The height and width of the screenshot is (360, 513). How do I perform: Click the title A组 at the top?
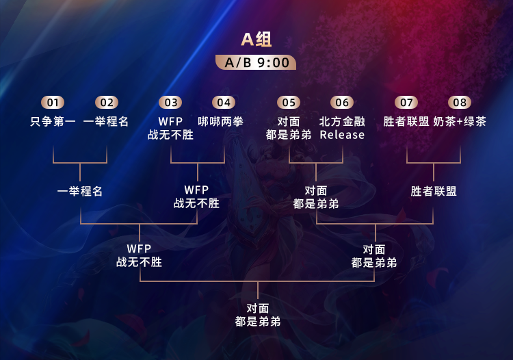256,39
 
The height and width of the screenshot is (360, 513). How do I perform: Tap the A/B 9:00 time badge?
256,62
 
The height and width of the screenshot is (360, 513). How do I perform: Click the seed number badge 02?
106,103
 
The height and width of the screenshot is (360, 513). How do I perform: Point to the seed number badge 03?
170,103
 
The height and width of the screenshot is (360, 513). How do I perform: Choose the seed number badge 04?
223,103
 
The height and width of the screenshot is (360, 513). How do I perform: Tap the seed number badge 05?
289,103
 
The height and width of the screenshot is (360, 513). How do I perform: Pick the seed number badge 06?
342,103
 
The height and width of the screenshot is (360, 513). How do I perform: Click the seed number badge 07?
407,103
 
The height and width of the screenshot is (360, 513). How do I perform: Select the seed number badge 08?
460,103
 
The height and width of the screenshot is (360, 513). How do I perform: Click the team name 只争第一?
53,122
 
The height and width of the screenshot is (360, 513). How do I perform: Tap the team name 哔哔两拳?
221,122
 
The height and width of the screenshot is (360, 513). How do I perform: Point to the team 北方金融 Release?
342,128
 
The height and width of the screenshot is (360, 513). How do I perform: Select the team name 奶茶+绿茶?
460,122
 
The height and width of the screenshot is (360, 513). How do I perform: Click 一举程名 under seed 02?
106,122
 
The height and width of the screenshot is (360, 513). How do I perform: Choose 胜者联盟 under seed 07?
406,122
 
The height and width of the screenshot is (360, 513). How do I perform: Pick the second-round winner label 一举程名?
80,192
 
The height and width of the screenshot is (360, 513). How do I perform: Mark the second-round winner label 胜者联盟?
434,192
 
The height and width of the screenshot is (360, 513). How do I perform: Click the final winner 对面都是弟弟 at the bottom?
257,315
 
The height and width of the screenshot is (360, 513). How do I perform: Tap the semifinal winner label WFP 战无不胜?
140,255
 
